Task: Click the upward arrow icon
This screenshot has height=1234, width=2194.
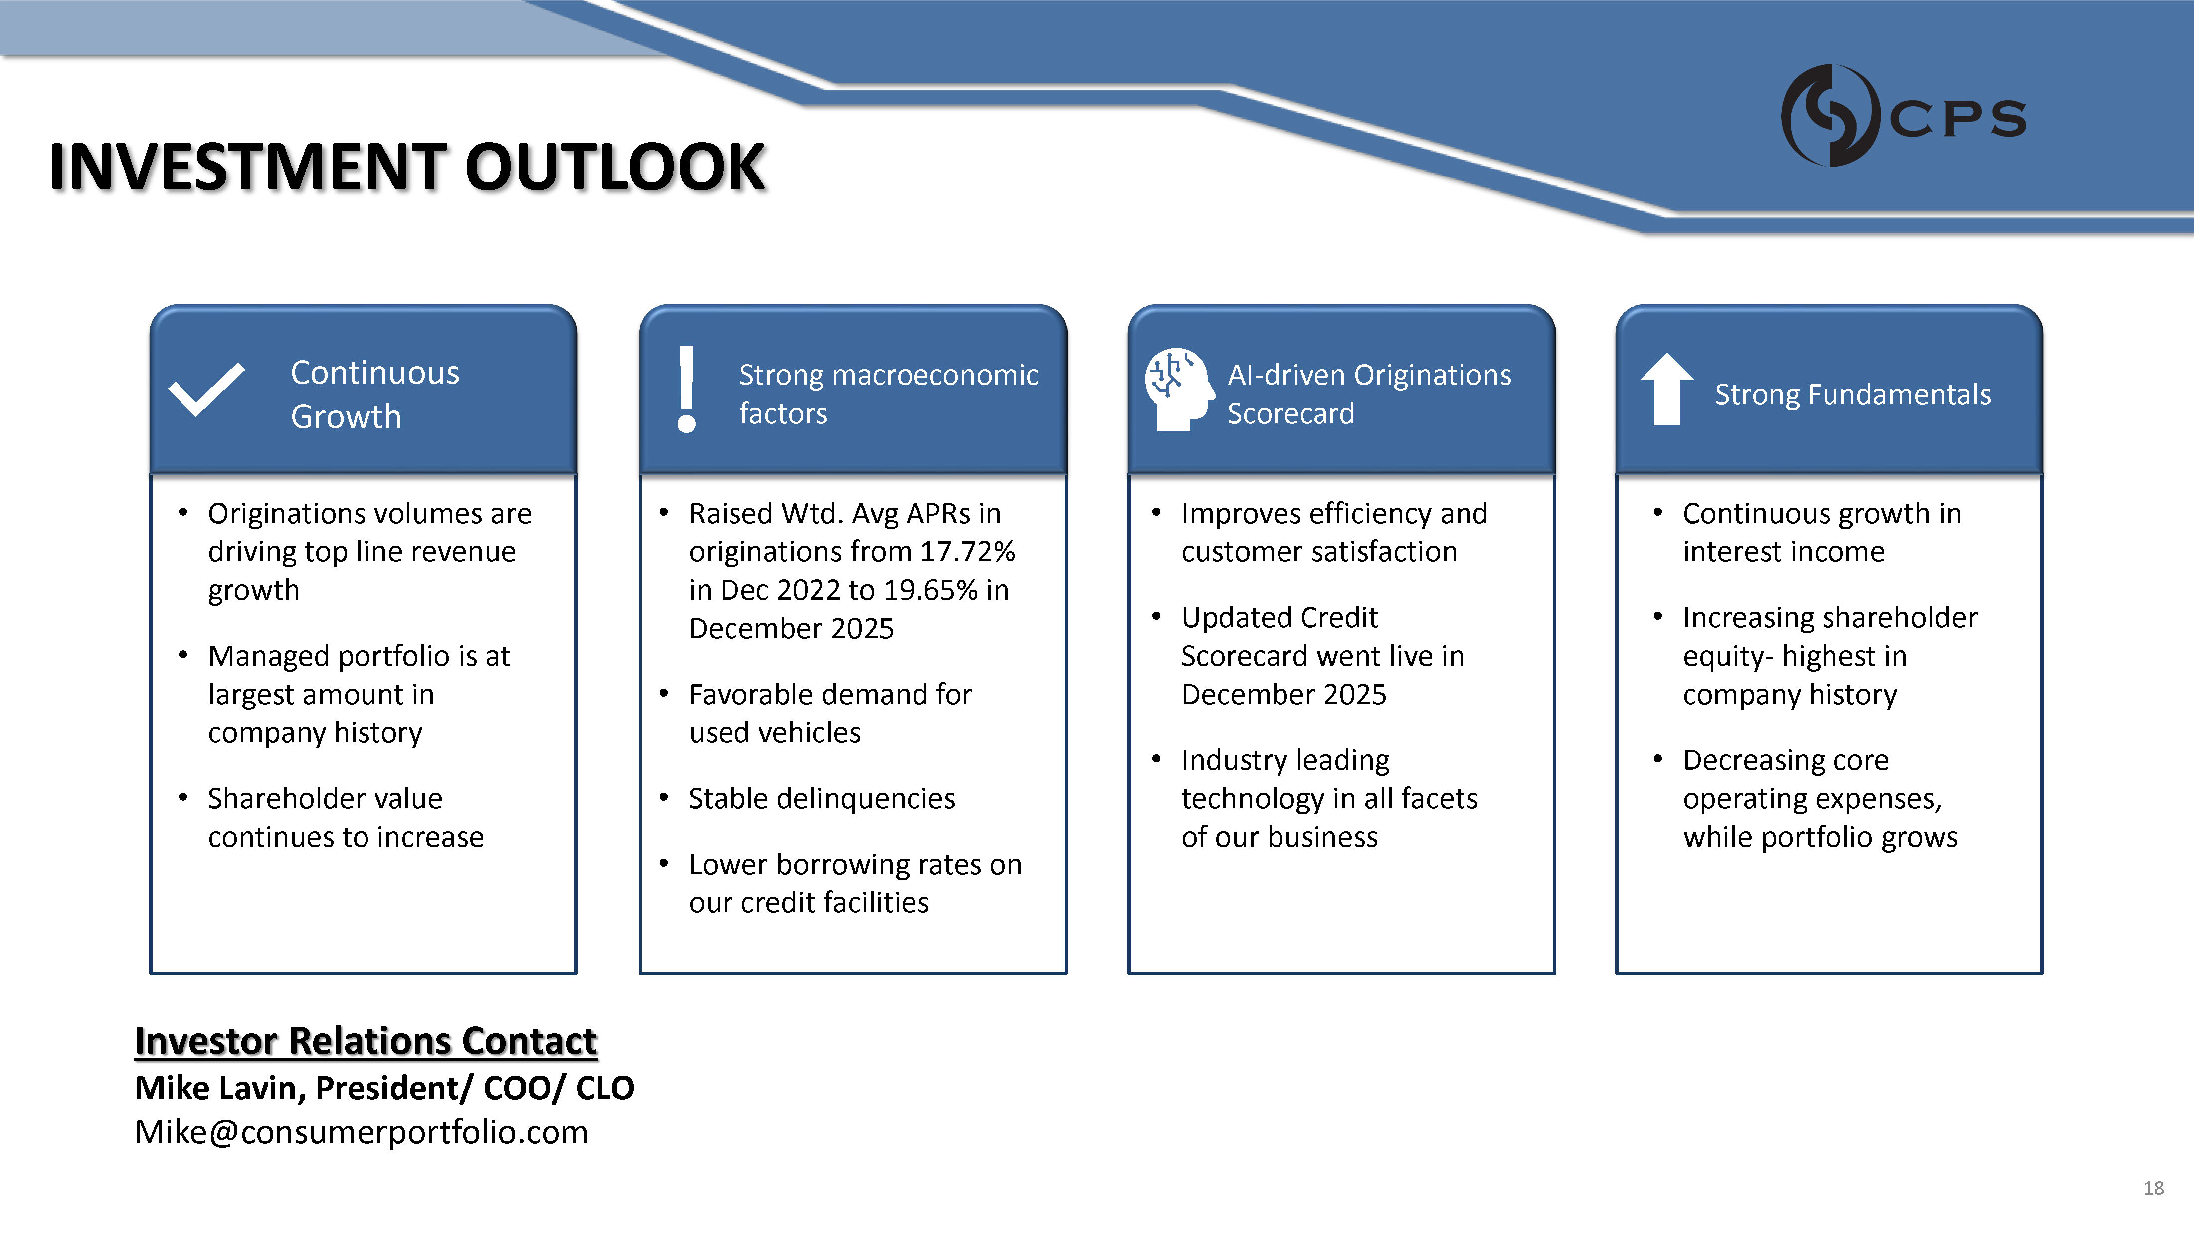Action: point(1667,389)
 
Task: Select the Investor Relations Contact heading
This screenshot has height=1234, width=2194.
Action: point(366,1041)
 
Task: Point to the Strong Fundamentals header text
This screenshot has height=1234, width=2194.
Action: point(1852,394)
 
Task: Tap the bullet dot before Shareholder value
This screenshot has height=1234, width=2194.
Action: point(183,798)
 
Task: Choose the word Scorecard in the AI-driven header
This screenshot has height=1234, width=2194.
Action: point(1290,413)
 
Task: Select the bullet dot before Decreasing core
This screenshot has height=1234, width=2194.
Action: point(1657,759)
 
